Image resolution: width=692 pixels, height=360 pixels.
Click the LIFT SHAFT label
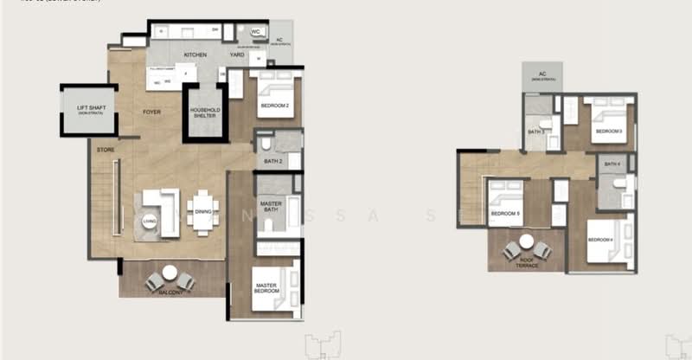[x=89, y=107]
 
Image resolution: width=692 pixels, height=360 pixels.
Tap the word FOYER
[x=152, y=112]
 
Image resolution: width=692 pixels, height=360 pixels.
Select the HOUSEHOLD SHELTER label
[x=206, y=113]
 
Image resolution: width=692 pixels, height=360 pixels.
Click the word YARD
[x=236, y=55]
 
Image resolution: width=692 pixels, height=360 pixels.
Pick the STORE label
[x=106, y=149]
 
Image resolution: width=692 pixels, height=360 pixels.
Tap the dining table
[x=203, y=212]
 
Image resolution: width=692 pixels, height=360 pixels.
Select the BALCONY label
[x=169, y=292]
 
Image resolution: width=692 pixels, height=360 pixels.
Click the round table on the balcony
[x=170, y=273]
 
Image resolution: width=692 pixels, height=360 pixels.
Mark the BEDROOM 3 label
[x=608, y=132]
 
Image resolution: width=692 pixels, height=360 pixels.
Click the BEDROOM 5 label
[x=506, y=213]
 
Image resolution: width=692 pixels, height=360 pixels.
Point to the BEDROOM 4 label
[x=600, y=239]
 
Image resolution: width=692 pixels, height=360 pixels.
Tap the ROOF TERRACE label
[x=528, y=263]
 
